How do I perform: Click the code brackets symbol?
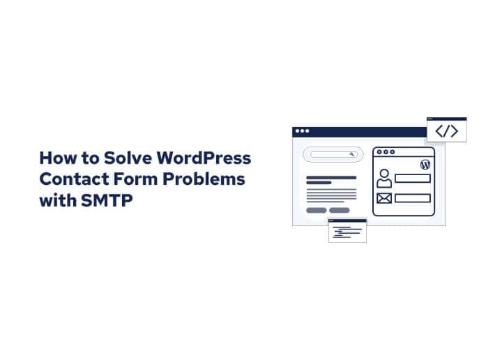(x=446, y=131)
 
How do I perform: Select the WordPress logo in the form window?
(x=425, y=165)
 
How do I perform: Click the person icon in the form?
(x=383, y=178)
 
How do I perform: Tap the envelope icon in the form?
(x=383, y=198)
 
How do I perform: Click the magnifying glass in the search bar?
(x=352, y=154)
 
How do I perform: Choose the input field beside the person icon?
(x=412, y=178)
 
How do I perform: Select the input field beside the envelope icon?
(x=412, y=198)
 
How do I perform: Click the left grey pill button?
(x=316, y=210)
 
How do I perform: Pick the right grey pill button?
(x=340, y=210)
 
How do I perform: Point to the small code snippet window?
(x=347, y=231)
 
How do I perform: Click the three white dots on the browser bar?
(x=301, y=131)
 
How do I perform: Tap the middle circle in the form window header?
(x=386, y=151)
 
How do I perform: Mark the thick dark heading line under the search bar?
(x=331, y=177)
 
